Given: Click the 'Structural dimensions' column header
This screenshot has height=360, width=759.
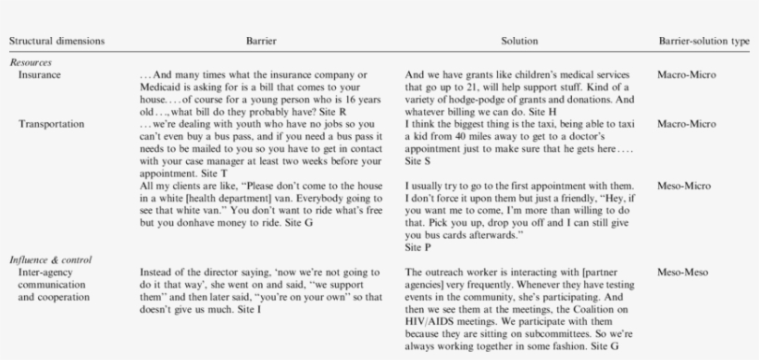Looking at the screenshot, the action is tap(57, 42).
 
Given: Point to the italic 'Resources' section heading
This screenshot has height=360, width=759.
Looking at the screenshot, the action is tap(31, 62).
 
